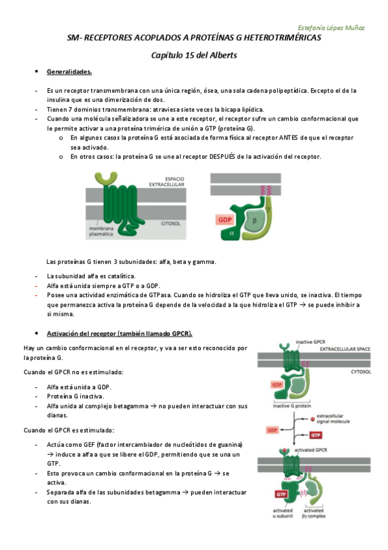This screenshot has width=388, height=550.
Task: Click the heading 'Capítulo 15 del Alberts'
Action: (194, 55)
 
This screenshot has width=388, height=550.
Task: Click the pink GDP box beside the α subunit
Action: (225, 220)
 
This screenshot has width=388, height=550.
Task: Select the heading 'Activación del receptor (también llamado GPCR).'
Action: (120, 333)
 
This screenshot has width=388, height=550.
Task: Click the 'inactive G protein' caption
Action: (289, 407)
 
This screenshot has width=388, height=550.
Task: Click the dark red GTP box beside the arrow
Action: (315, 435)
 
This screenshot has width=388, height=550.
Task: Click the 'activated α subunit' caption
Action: (283, 513)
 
